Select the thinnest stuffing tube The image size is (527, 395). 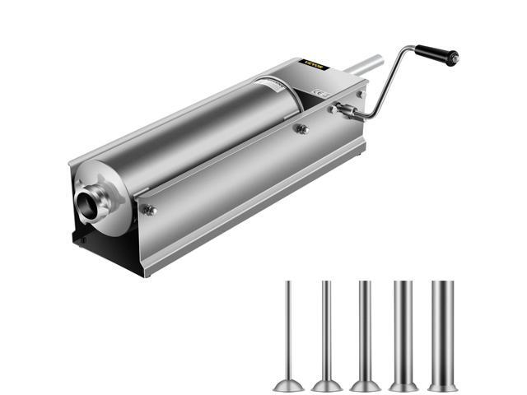289,329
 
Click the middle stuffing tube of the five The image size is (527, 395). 365,329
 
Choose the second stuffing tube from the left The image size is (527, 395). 327,329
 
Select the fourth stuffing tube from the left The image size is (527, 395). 403,329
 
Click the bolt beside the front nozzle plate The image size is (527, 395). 150,211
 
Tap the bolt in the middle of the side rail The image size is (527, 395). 302,128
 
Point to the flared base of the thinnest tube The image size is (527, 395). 289,384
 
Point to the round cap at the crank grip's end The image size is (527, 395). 453,58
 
